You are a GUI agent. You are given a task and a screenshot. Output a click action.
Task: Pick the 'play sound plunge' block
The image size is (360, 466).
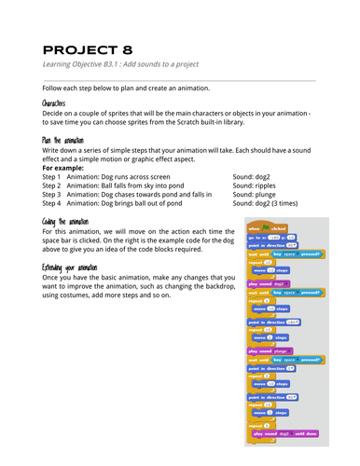(270, 350)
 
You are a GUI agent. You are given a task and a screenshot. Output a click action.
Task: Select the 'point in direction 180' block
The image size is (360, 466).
(273, 323)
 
